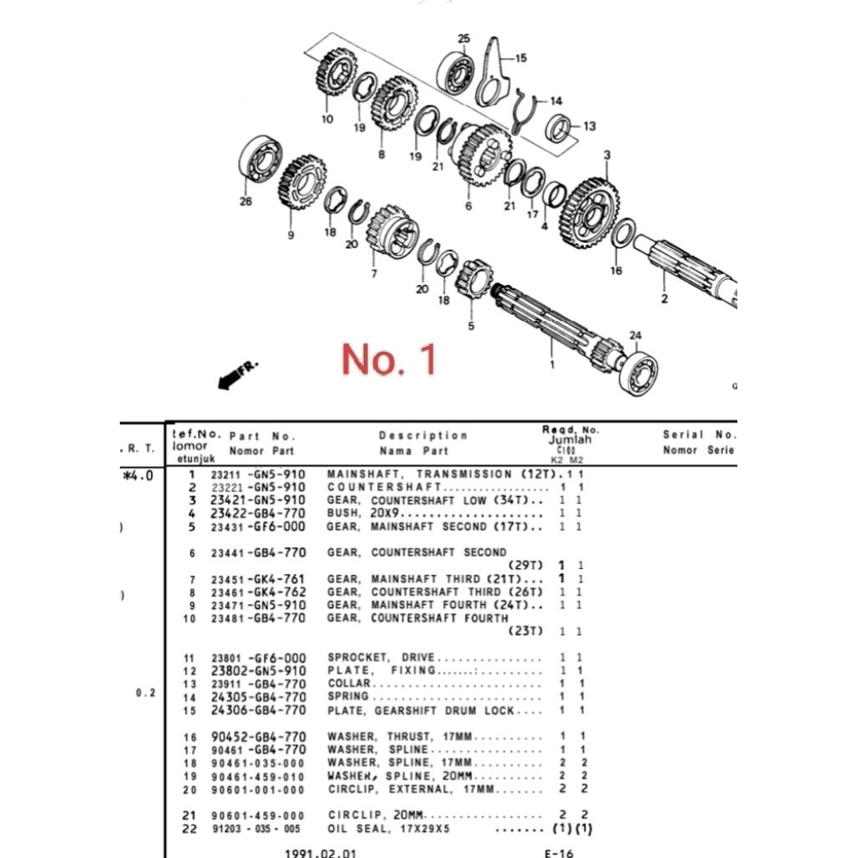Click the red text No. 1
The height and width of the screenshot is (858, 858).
click(x=389, y=359)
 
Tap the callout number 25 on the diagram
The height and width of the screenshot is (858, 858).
click(x=463, y=39)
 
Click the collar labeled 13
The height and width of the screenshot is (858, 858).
click(x=558, y=127)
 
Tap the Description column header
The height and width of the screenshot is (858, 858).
click(x=423, y=436)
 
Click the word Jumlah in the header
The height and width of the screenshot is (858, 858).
click(x=570, y=439)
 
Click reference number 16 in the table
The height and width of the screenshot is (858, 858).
click(x=189, y=737)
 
